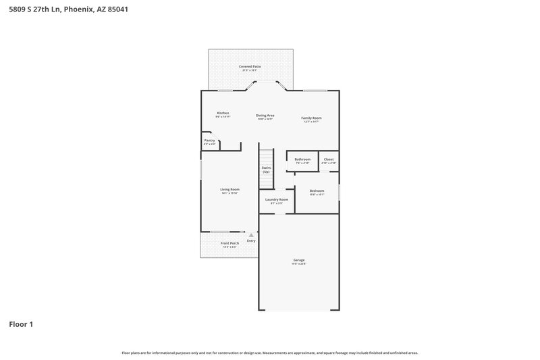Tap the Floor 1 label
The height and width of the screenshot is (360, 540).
point(20,324)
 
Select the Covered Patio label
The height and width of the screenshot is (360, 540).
point(250,67)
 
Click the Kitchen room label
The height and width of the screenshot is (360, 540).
point(223,113)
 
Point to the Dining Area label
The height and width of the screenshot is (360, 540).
point(265,115)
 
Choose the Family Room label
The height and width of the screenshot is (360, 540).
point(311,118)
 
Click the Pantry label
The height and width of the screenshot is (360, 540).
point(209,140)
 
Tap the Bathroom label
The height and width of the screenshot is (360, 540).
point(302,159)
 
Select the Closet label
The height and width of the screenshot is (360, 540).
point(328,159)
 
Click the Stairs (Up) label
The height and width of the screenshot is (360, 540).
point(266,170)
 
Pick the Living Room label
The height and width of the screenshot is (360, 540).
point(230,190)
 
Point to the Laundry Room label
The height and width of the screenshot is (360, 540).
point(276,200)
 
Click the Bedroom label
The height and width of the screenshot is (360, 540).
point(317,191)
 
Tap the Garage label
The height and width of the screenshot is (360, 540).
point(298,260)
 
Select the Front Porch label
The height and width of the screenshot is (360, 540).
point(230,243)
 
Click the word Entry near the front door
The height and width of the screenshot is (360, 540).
point(251,240)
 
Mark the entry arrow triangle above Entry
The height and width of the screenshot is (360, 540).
point(251,235)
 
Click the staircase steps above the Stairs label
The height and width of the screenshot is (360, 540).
point(266,155)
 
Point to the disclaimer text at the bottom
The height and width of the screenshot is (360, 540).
point(270,353)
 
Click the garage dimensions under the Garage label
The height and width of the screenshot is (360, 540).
point(298,264)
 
